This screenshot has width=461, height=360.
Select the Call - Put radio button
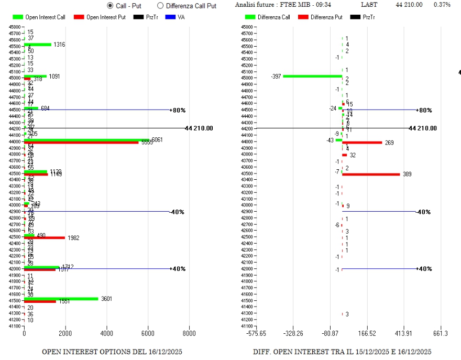[x=110, y=6]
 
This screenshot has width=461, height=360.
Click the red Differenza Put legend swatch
[x=303, y=17]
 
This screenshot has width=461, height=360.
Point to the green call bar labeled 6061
[x=86, y=140]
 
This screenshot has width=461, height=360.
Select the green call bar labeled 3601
[x=61, y=299]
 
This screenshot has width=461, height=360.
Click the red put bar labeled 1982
[x=45, y=238]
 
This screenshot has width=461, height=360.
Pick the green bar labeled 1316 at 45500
[x=38, y=45]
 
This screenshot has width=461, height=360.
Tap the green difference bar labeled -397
[x=312, y=76]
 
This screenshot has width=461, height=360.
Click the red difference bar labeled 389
[x=371, y=174]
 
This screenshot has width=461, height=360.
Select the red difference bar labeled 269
[x=362, y=143]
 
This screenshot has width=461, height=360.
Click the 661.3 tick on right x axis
[x=441, y=333]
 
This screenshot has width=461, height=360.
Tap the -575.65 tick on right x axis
[x=257, y=333]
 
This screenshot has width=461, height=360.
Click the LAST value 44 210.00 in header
[x=409, y=5]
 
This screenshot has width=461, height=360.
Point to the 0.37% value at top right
[x=442, y=5]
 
